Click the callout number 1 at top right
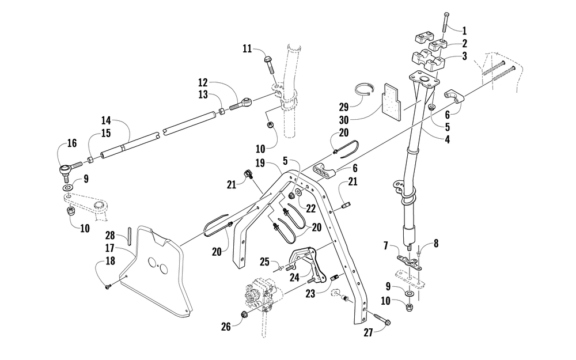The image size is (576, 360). pos(464,31)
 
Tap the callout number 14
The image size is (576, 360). pos(106,120)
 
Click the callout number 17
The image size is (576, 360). pos(109,248)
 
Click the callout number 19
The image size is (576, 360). pos(260,163)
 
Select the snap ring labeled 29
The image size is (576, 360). pos(365,91)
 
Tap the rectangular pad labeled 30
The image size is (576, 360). pos(391,100)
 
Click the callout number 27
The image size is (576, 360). pos(368,332)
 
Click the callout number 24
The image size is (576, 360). pos(294,278)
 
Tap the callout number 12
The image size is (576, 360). pos(203,82)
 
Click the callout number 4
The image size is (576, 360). pos(447,139)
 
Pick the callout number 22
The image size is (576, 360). pos(311,209)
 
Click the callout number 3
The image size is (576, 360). pos(465,56)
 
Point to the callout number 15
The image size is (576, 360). pos(106,133)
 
